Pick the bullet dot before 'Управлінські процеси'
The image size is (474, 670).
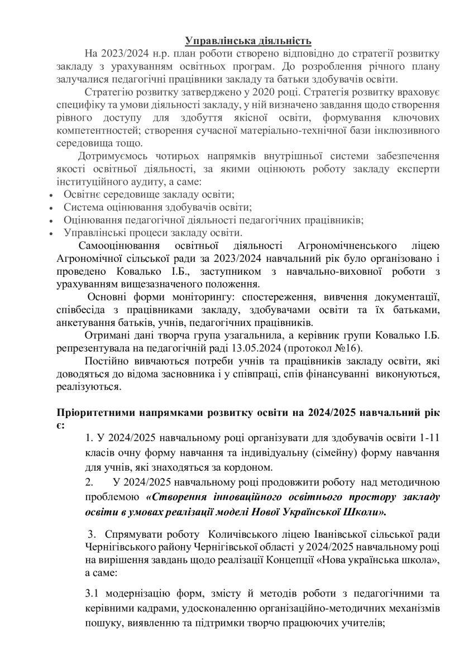pyautogui.click(x=51, y=233)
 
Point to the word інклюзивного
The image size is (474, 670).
pyautogui.click(x=407, y=130)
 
